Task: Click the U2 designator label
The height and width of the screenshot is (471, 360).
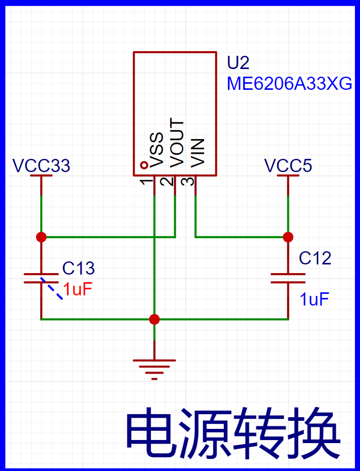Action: [x=238, y=63]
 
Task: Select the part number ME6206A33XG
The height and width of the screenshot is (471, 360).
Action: [x=289, y=84]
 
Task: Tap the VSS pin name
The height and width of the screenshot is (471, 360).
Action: [x=156, y=150]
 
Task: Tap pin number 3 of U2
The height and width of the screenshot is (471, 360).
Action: [x=189, y=182]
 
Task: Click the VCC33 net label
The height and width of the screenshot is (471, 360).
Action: [x=42, y=165]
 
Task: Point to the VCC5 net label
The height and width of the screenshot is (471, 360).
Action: [x=288, y=165]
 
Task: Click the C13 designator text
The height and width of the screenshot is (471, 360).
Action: [x=78, y=268]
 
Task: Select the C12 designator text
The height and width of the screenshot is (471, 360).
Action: [x=315, y=258]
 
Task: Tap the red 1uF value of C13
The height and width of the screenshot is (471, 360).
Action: [x=77, y=290]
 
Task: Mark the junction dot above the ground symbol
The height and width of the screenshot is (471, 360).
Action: [x=154, y=319]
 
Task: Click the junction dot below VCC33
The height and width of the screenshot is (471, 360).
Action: [x=41, y=237]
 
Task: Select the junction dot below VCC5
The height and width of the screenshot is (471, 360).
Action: [x=288, y=237]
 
